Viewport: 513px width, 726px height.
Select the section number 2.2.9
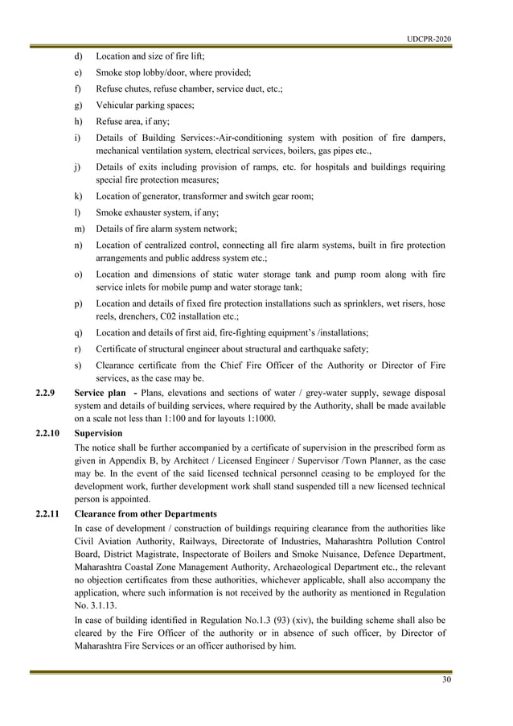(x=47, y=393)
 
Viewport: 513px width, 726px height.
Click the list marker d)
(x=78, y=57)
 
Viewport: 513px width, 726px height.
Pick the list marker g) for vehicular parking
(x=78, y=105)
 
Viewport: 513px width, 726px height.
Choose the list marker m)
(x=79, y=229)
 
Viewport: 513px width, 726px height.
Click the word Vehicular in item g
(x=117, y=105)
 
